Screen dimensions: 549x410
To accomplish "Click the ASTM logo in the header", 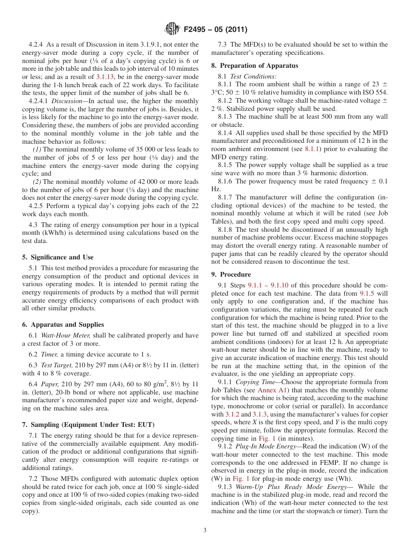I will tap(172, 29).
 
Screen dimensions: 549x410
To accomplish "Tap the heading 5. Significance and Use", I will tap(58, 257).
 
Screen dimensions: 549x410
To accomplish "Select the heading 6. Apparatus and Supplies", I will tap(63, 325).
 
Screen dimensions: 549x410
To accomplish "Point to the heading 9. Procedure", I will tap(231, 274).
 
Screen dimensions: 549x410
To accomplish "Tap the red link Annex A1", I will tap(269, 390).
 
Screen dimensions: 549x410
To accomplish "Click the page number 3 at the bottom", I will tap(205, 530).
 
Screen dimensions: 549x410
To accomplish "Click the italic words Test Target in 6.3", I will tap(55, 366).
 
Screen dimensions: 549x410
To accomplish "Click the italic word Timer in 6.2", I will tap(49, 354).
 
